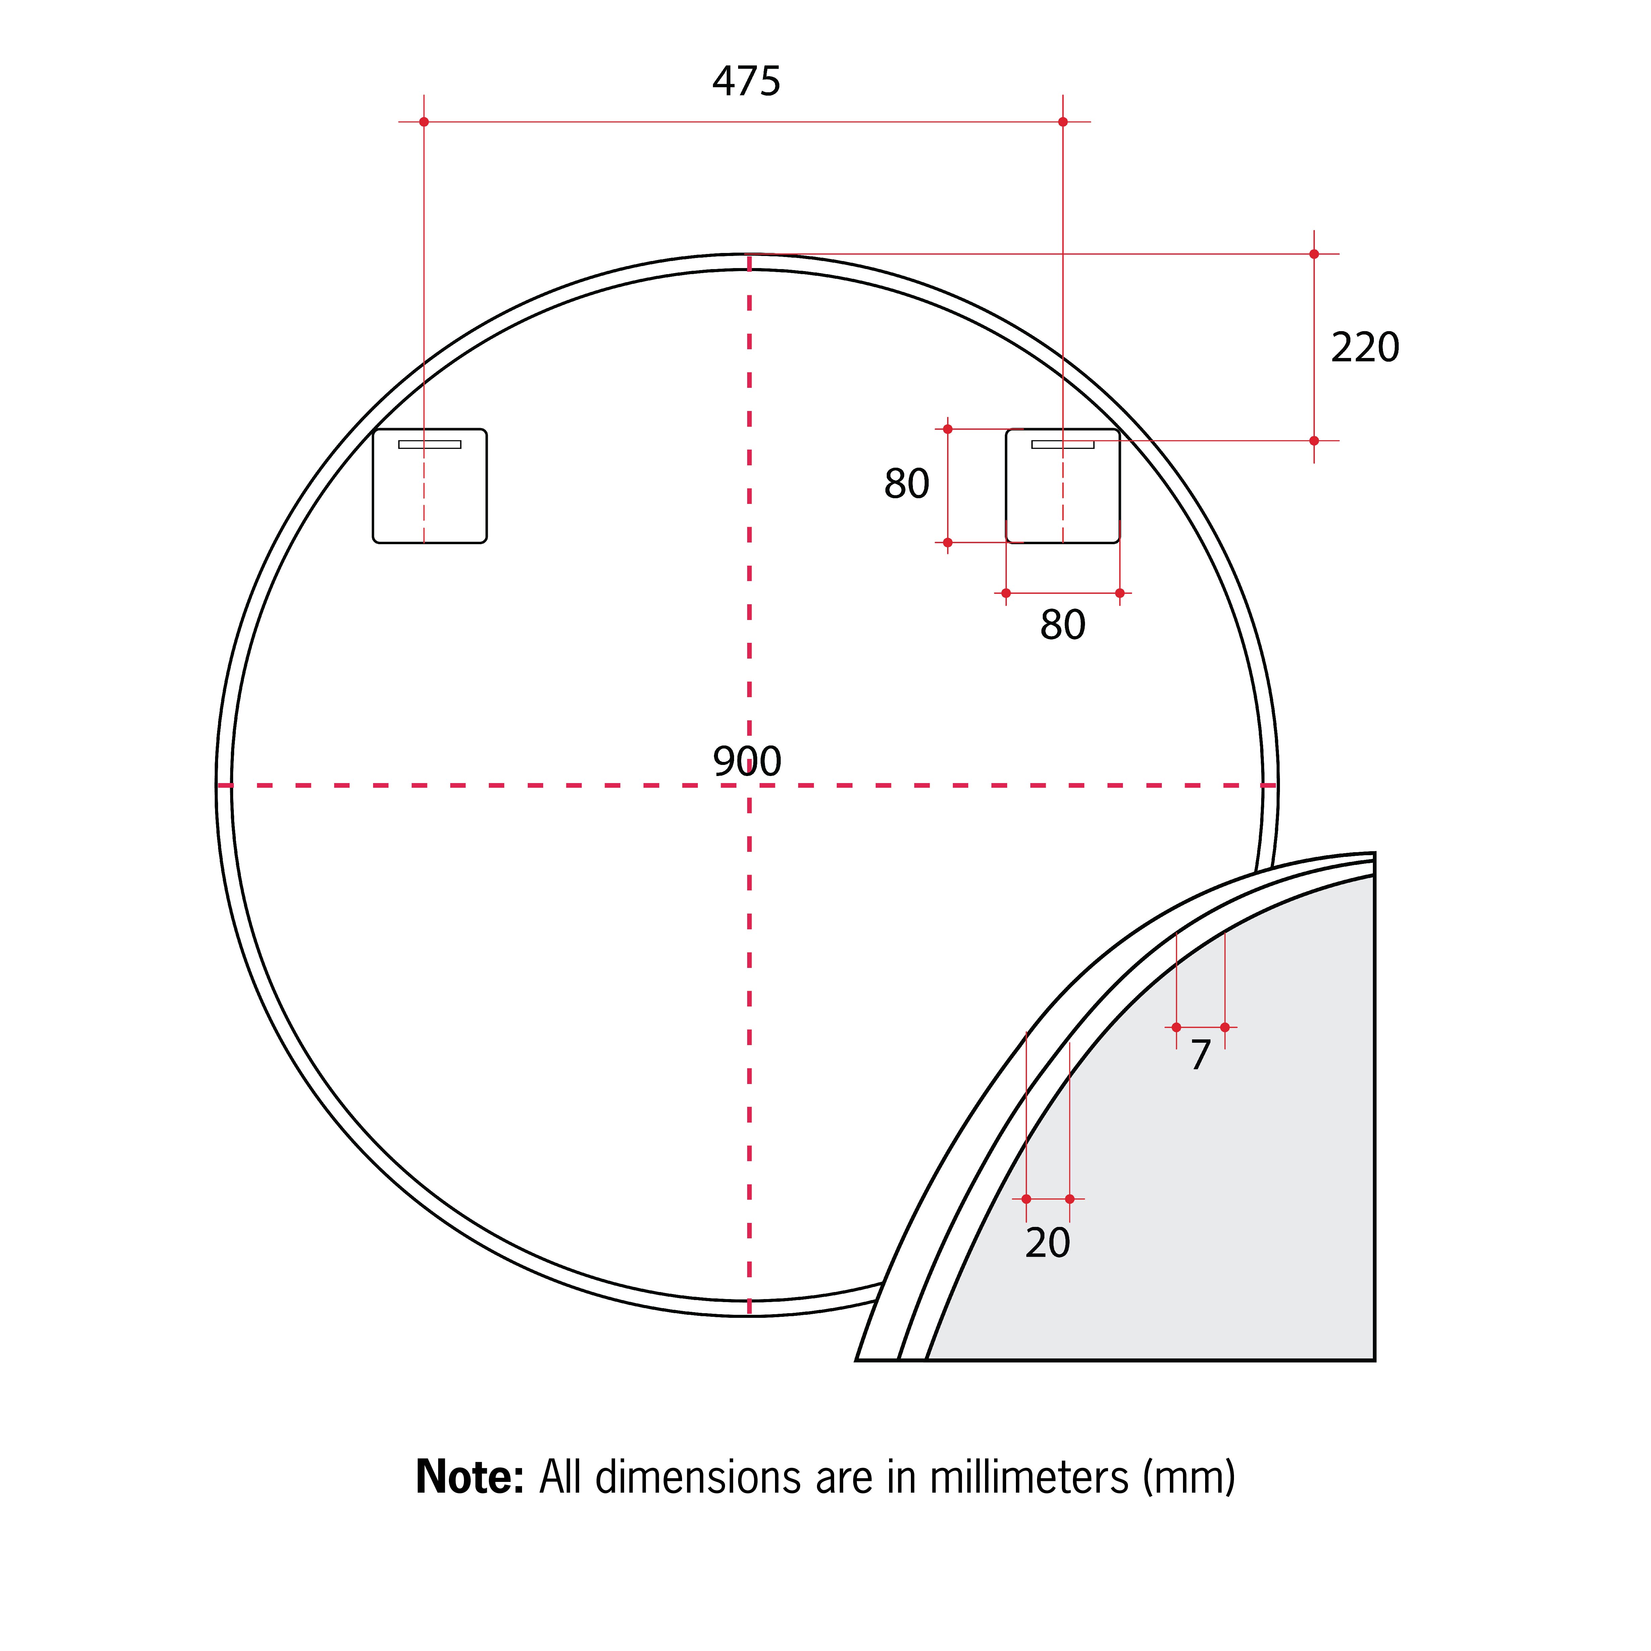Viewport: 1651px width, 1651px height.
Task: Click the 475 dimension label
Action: click(746, 81)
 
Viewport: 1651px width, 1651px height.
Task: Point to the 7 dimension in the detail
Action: click(1201, 1054)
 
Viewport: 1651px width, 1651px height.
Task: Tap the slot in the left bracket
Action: click(430, 444)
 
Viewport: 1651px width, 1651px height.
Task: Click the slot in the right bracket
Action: click(1063, 444)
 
